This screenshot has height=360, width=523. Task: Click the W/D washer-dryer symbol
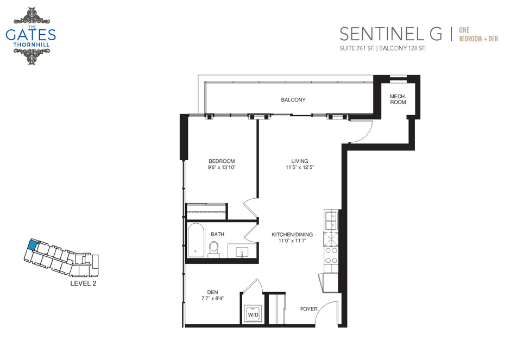point(253,313)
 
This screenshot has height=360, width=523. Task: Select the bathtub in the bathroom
point(196,240)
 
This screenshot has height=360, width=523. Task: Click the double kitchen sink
point(331,220)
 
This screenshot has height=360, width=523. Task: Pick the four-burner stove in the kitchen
point(331,256)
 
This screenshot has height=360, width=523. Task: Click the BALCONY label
point(293,100)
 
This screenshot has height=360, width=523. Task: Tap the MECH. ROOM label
point(398,99)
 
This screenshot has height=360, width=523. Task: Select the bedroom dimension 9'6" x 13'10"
point(222,167)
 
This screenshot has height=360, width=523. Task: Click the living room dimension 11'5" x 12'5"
point(300,167)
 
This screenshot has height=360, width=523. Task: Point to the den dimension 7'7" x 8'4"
point(212,299)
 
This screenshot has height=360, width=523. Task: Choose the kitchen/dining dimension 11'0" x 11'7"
point(292,241)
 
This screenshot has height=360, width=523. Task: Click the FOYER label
point(309,309)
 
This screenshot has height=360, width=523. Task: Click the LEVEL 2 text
point(83,283)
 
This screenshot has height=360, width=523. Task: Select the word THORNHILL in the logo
point(31,45)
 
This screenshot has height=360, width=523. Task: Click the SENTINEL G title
point(391,34)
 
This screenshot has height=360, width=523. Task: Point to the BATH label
point(217,235)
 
